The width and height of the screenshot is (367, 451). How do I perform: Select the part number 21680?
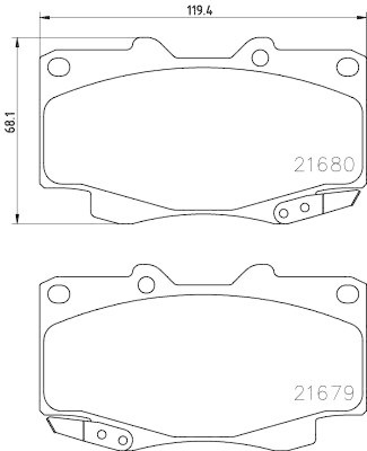(x=324, y=164)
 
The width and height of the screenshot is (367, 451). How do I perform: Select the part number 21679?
(x=324, y=391)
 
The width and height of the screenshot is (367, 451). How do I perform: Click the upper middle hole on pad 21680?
(x=259, y=57)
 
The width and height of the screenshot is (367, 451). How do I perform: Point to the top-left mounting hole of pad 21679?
(x=56, y=293)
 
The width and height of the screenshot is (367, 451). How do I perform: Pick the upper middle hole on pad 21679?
(x=147, y=285)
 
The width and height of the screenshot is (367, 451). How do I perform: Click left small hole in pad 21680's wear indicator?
(x=283, y=213)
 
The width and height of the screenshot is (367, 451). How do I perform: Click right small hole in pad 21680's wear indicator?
(x=304, y=207)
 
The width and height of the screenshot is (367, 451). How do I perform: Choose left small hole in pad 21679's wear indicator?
(x=102, y=435)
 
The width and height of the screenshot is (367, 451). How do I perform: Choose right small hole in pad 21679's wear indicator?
(x=123, y=440)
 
